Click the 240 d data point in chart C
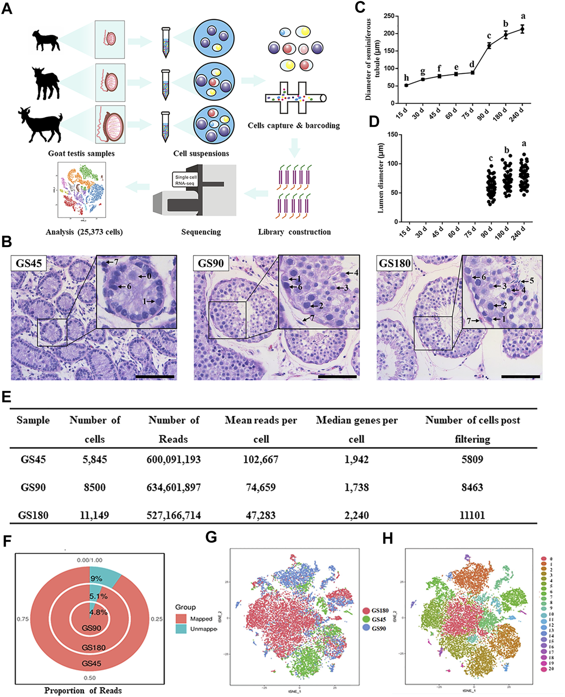tap(522, 29)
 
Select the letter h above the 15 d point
tap(406, 78)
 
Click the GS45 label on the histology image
tap(29, 263)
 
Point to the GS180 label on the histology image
tap(395, 263)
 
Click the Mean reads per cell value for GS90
tap(261, 487)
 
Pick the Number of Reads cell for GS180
tap(174, 515)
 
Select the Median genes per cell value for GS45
tap(356, 459)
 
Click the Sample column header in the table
tap(33, 420)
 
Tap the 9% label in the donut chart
tap(96, 578)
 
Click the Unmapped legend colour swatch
tap(181, 629)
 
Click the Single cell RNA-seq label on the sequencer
tap(186, 180)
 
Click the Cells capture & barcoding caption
tap(294, 125)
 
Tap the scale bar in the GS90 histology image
tap(337, 377)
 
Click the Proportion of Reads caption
tap(83, 690)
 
